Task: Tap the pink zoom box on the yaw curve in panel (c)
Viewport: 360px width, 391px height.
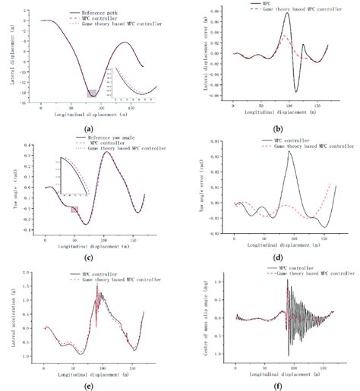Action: pos(74,210)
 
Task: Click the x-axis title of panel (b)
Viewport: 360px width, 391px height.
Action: pos(272,111)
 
